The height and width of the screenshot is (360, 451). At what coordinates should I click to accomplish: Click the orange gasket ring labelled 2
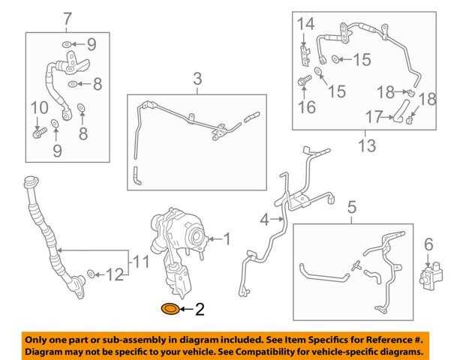[170, 309]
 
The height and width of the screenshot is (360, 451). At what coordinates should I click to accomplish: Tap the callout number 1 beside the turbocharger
[227, 239]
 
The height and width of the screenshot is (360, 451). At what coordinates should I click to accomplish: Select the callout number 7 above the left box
[68, 19]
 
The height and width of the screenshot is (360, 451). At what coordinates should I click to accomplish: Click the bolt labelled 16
[305, 80]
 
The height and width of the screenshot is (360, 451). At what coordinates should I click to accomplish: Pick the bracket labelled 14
[305, 55]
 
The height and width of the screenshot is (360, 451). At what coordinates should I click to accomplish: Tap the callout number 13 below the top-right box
[367, 145]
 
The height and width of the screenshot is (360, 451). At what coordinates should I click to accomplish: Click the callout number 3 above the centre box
[197, 79]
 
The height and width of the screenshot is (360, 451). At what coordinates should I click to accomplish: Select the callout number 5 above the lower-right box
[352, 208]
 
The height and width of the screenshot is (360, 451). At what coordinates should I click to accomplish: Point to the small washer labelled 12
[92, 274]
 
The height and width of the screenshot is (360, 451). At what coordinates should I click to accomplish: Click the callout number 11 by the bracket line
[141, 262]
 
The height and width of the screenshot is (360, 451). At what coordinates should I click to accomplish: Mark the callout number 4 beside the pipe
[265, 220]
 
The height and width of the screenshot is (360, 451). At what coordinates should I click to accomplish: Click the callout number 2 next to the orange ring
[200, 310]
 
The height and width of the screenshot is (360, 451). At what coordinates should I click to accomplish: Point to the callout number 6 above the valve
[428, 244]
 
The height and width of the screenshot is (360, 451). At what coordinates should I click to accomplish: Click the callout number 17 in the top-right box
[374, 117]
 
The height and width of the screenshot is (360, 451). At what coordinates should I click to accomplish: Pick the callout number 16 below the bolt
[307, 107]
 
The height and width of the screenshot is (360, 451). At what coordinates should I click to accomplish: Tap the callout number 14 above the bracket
[305, 24]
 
